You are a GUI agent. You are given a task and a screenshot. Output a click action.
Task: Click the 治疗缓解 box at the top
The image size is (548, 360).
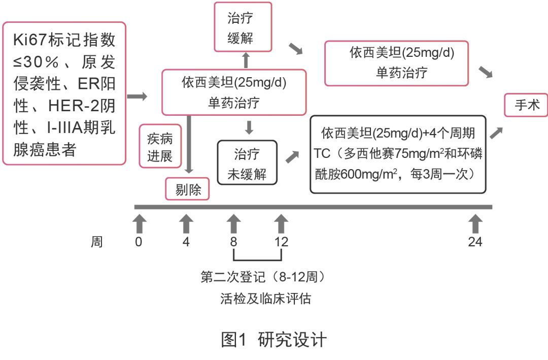(x=243, y=27)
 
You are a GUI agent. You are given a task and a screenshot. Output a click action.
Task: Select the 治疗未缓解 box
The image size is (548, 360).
(x=248, y=162)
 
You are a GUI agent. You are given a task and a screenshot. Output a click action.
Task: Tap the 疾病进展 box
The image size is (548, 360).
(x=160, y=146)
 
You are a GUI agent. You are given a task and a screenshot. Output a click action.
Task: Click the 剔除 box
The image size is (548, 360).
(x=188, y=189)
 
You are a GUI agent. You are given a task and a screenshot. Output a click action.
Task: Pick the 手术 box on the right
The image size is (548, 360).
(x=525, y=105)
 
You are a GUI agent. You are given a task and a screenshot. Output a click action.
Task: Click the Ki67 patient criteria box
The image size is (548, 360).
(x=64, y=93)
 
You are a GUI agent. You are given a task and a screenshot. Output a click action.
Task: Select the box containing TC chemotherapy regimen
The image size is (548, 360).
(x=398, y=154)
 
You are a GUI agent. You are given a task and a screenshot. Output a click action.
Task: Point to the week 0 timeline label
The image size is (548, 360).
(x=139, y=242)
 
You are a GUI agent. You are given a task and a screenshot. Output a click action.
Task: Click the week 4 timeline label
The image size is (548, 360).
(x=186, y=242)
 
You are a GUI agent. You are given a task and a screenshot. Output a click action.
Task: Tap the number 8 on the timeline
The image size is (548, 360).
(x=233, y=242)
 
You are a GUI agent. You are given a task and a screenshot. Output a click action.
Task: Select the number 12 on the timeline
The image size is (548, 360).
(x=281, y=242)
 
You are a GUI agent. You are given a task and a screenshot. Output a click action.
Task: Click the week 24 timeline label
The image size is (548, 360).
(x=475, y=242)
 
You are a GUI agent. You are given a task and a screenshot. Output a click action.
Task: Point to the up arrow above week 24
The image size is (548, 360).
(x=475, y=223)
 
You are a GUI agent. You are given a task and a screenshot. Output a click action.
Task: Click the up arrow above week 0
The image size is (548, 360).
(x=139, y=223)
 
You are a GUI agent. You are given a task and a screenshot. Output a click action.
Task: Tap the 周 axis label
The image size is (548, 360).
(x=97, y=242)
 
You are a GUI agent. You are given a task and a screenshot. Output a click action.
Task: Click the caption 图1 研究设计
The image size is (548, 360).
(x=274, y=339)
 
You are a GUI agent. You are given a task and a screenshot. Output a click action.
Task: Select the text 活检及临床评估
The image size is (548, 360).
(x=265, y=299)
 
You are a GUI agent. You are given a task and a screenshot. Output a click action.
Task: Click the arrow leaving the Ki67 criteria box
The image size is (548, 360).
(x=137, y=96)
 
